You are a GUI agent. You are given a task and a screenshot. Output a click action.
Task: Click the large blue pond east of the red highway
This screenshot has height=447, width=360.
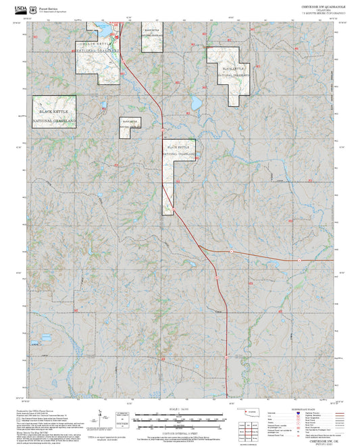point(196,103)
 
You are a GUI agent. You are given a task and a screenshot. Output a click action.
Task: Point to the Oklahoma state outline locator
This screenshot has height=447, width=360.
point(255,412)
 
